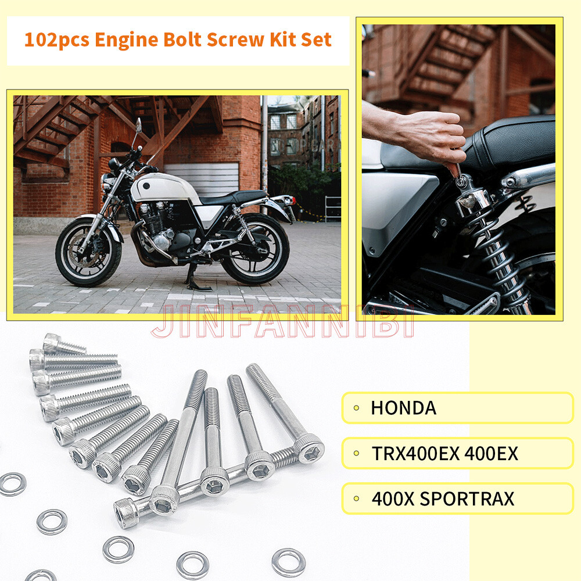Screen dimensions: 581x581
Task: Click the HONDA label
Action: pyautogui.click(x=403, y=408)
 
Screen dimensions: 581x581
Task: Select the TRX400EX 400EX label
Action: pyautogui.click(x=444, y=453)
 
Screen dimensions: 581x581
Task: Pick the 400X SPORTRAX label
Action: pyautogui.click(x=443, y=498)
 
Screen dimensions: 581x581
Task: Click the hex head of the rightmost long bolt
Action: pyautogui.click(x=309, y=448)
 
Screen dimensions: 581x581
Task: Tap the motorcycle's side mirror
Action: pyautogui.click(x=138, y=125)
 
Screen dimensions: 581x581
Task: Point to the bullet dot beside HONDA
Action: pyautogui.click(x=356, y=408)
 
